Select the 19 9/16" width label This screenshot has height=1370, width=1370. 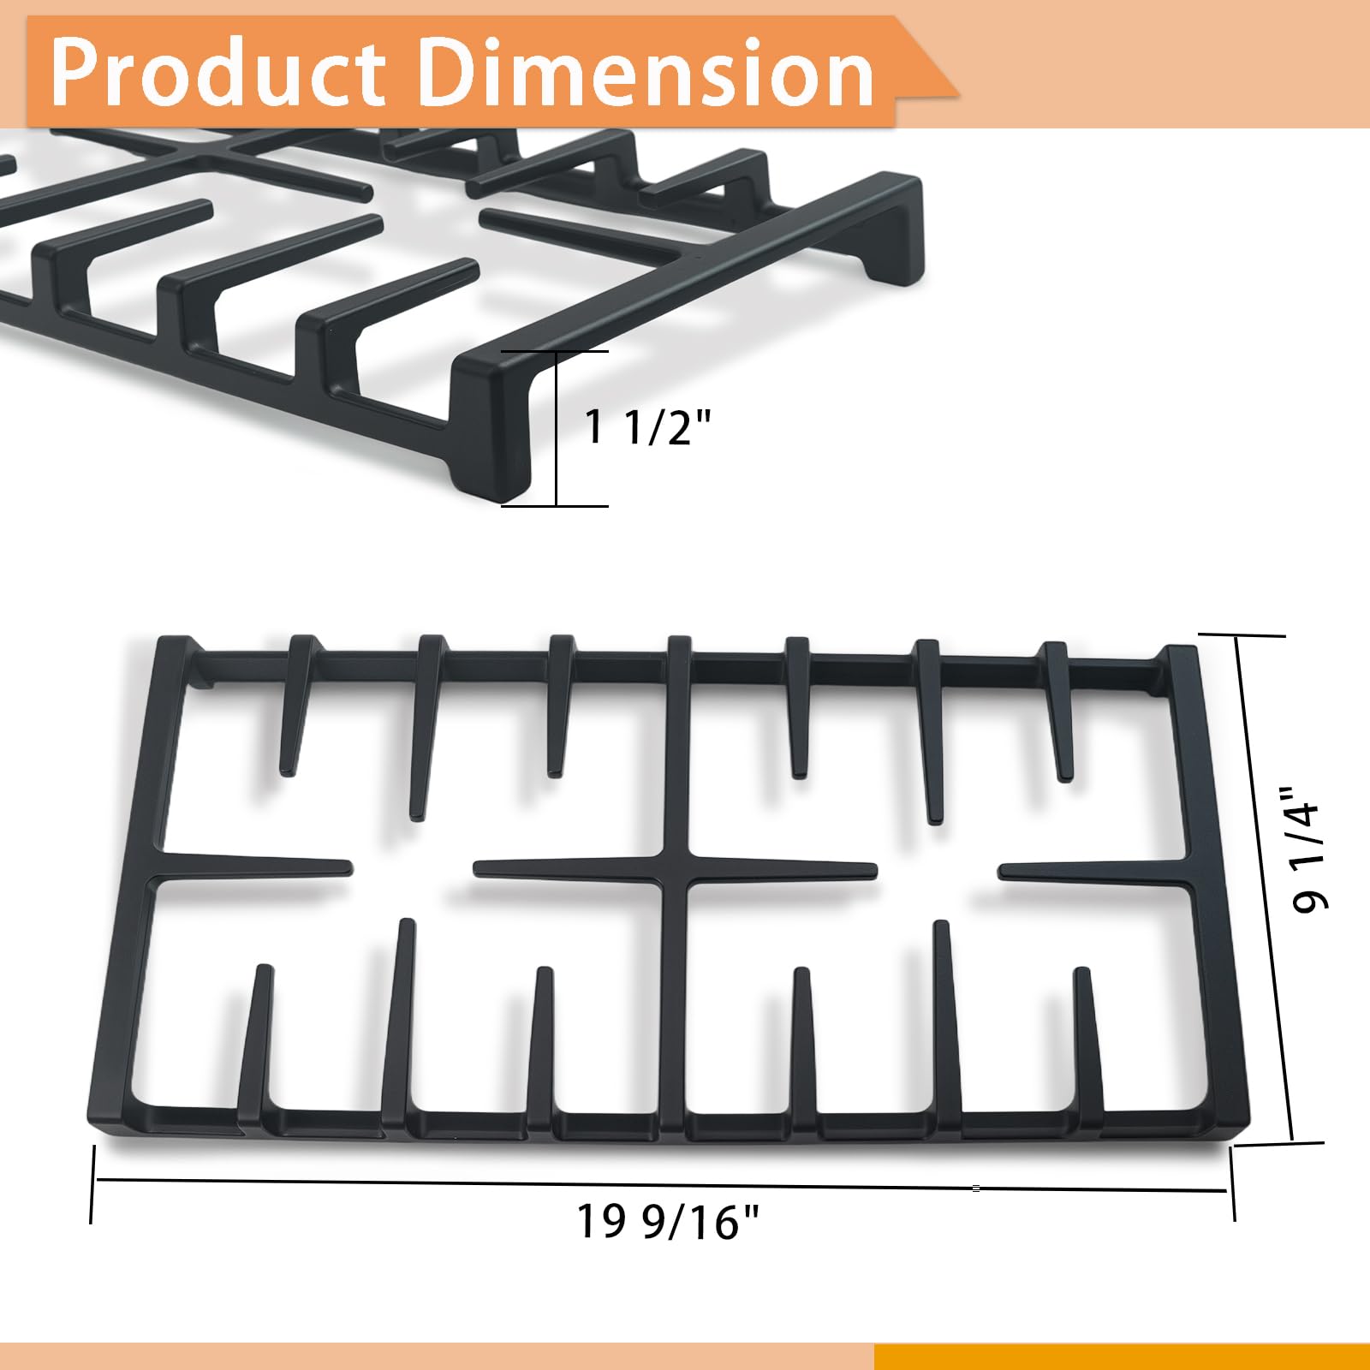[668, 1221]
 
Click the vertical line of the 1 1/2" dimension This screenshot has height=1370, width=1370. [557, 428]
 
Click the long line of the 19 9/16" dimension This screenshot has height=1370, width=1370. [661, 1185]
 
